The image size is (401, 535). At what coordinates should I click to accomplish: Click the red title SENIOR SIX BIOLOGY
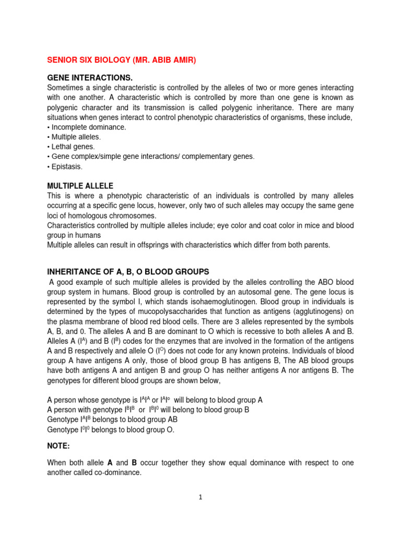(x=122, y=61)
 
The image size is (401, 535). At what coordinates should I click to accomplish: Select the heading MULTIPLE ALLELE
(x=80, y=186)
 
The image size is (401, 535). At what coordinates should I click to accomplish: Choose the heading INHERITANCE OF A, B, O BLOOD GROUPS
(x=128, y=272)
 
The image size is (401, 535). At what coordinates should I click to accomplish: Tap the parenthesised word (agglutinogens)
(x=315, y=311)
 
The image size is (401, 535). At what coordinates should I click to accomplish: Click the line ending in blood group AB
(x=112, y=420)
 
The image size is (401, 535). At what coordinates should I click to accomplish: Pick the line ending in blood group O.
(x=111, y=429)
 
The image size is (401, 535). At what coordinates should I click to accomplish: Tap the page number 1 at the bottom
(x=200, y=498)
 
